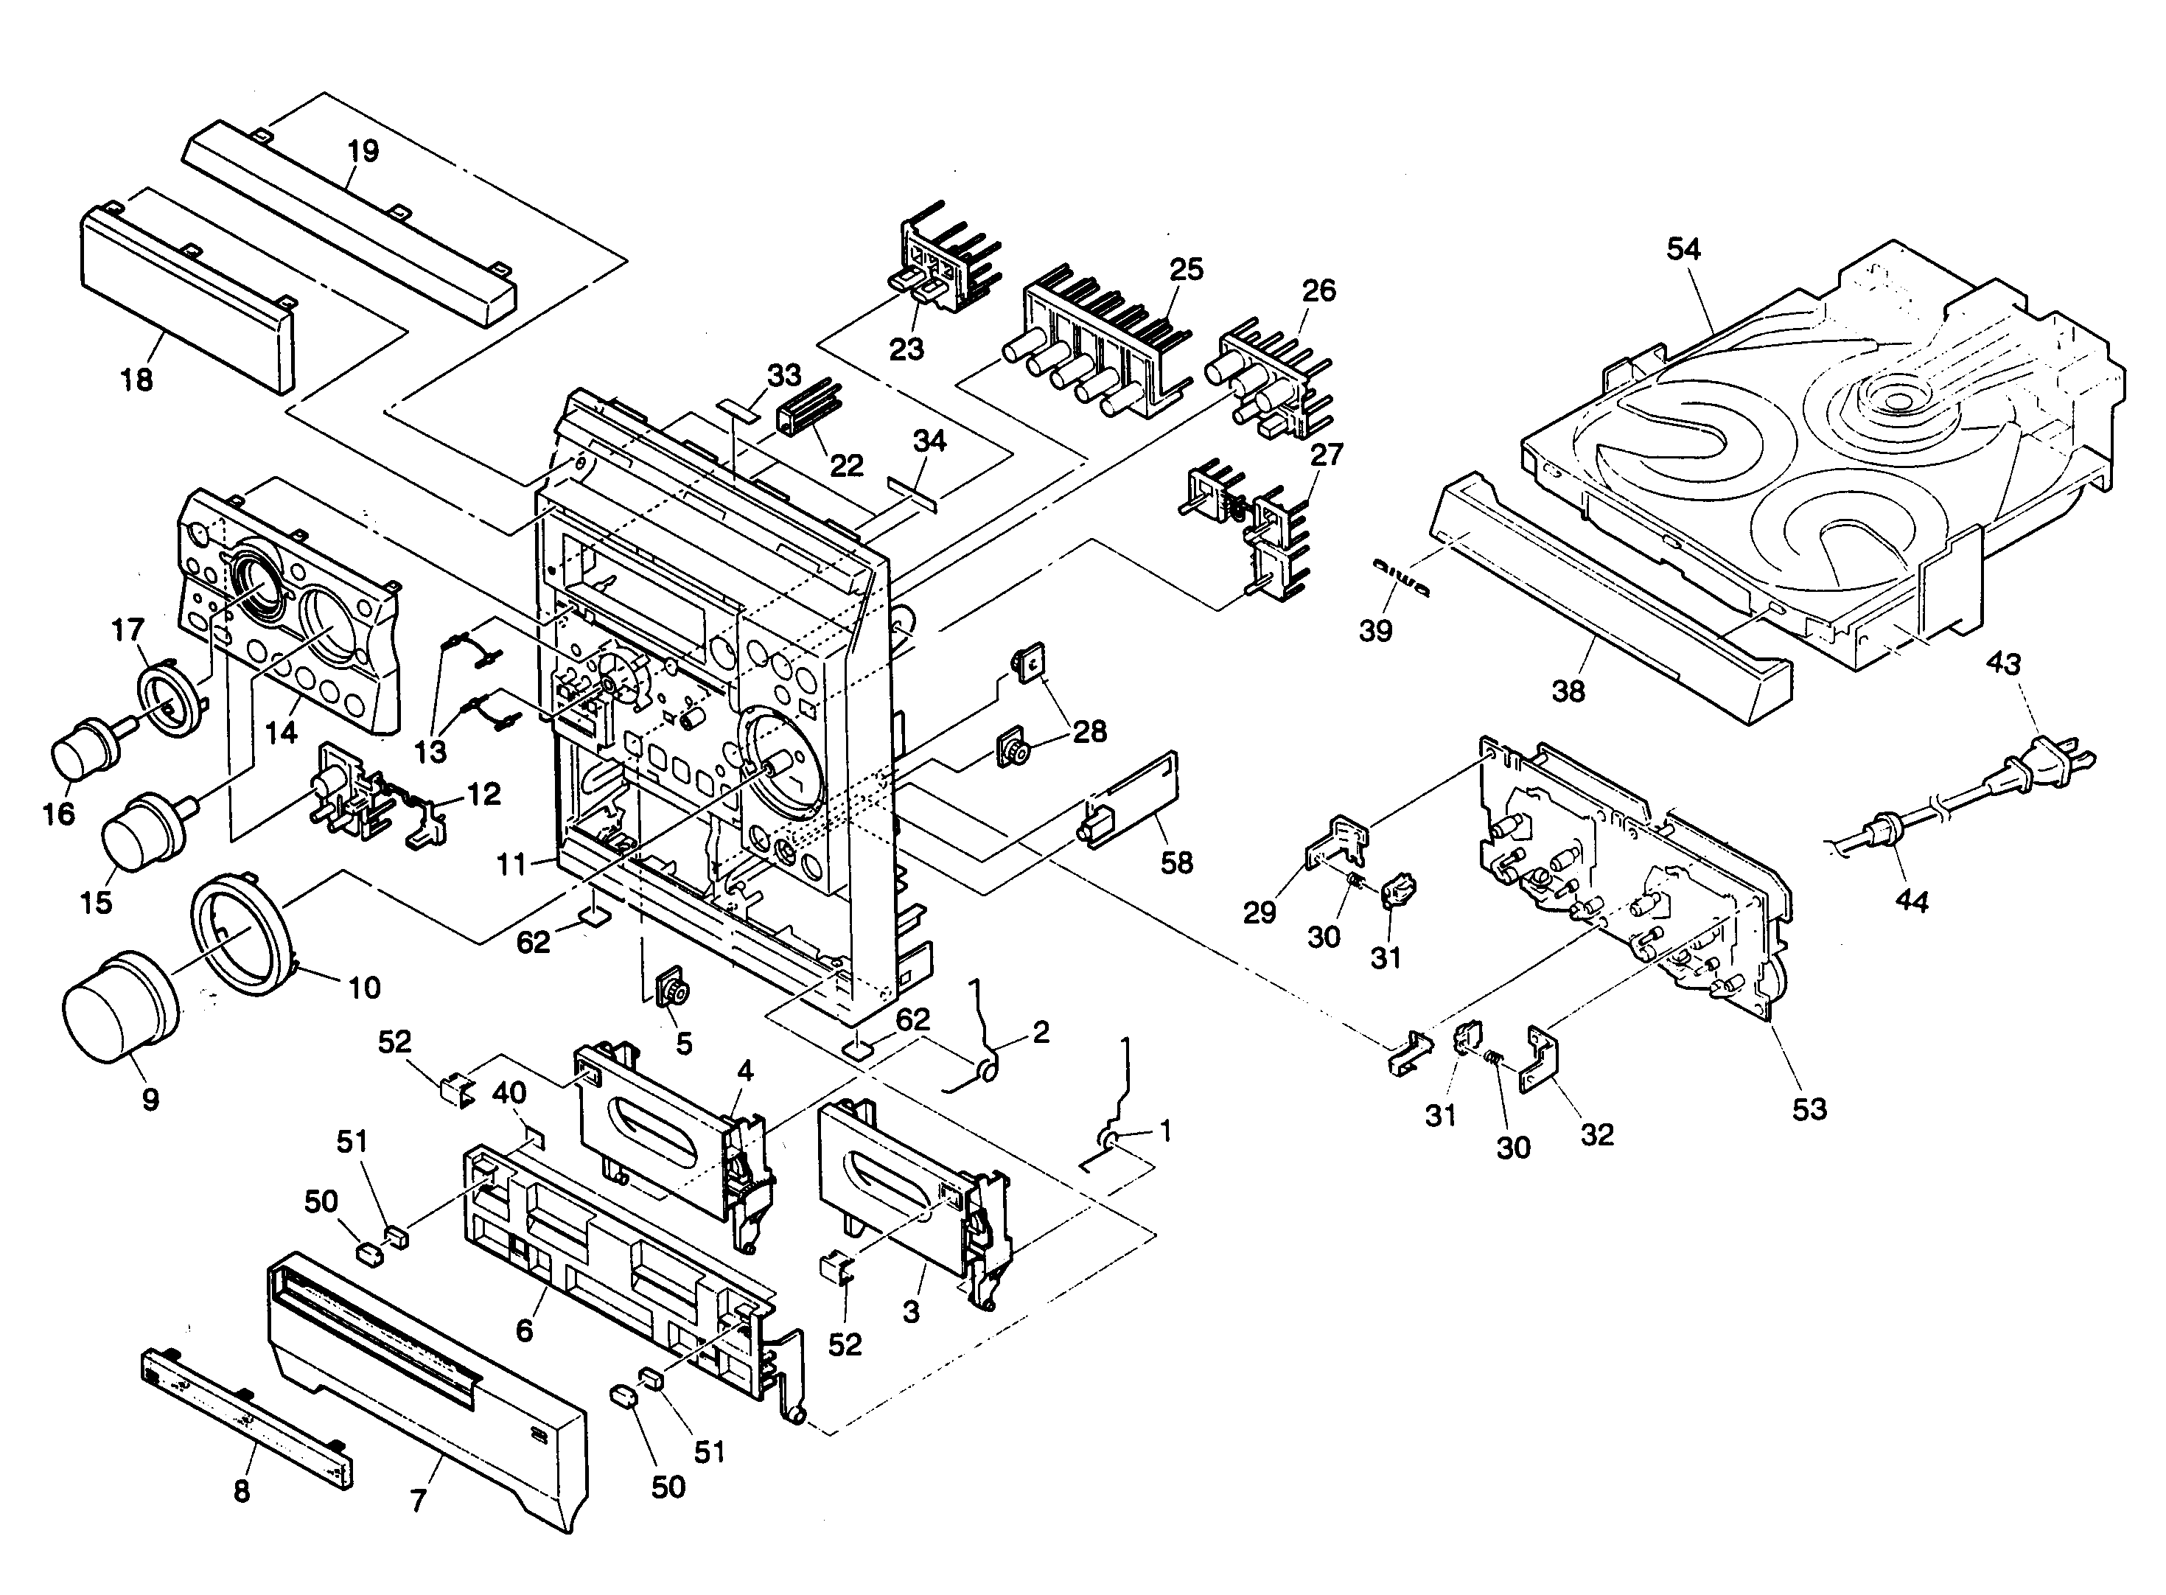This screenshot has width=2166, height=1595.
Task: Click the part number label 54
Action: pyautogui.click(x=1683, y=249)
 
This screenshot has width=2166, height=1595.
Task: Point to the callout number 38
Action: pyautogui.click(x=1568, y=691)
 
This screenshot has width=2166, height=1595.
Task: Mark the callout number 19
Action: pyautogui.click(x=364, y=152)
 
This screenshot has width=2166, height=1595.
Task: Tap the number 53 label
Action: pyautogui.click(x=1809, y=1109)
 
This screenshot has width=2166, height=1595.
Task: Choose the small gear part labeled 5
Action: pyautogui.click(x=672, y=991)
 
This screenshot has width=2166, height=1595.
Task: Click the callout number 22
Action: pyautogui.click(x=847, y=465)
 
